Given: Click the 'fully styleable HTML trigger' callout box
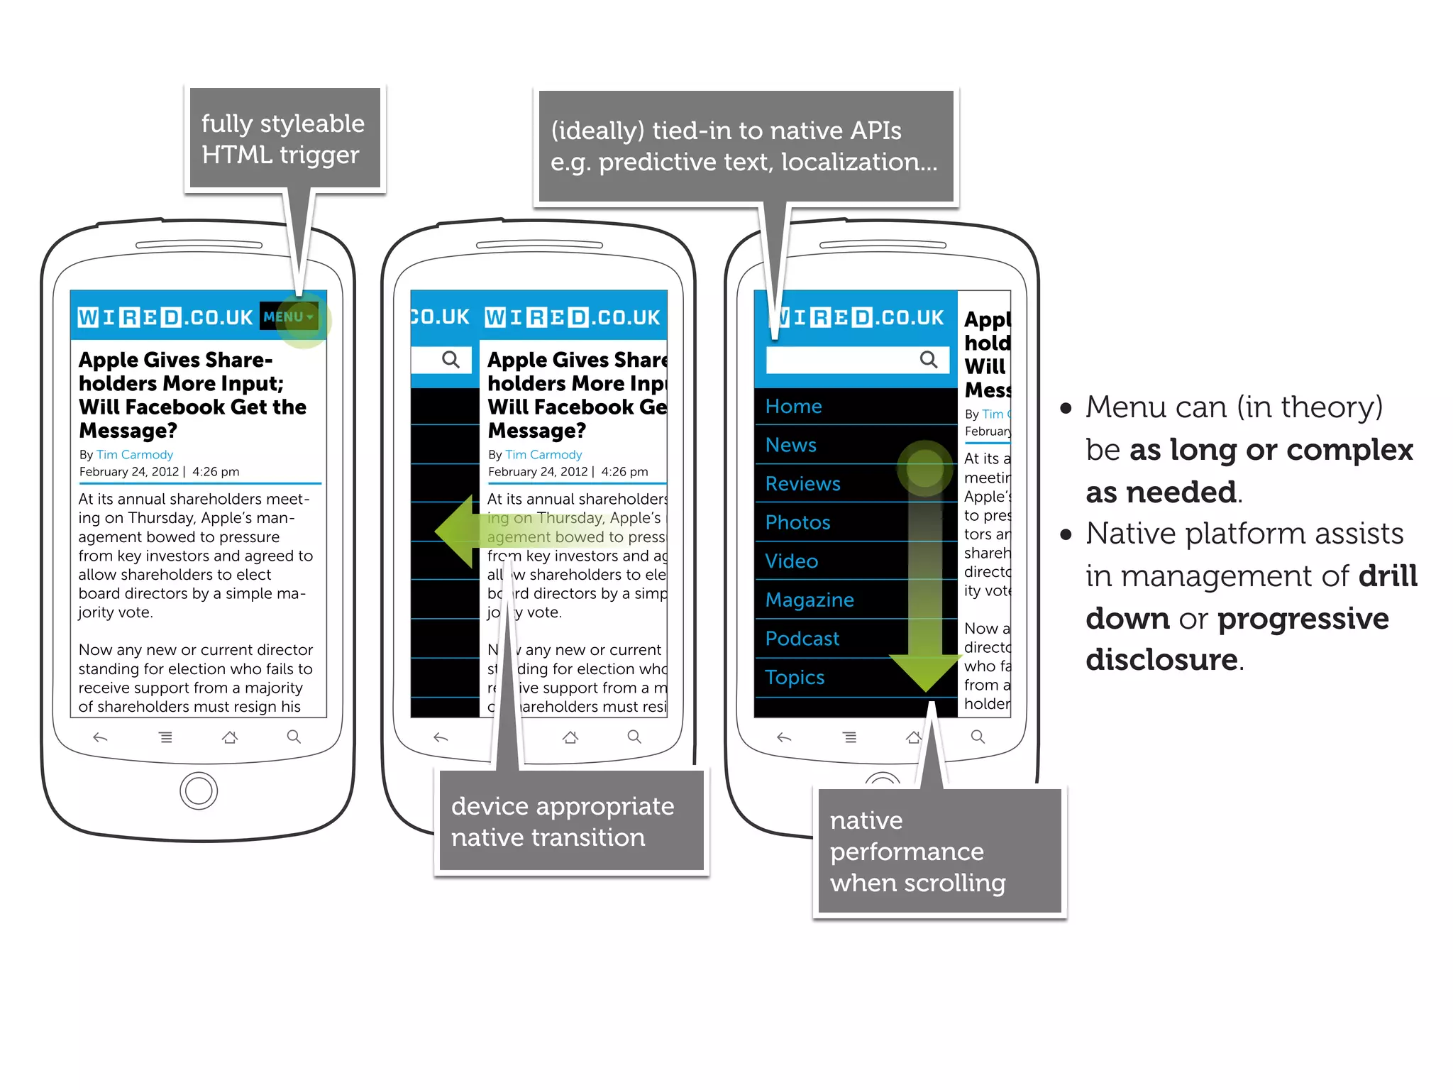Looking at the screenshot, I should click(284, 138).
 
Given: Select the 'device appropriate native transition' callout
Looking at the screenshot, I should click(571, 821).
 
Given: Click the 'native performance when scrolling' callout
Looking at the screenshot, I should click(939, 851).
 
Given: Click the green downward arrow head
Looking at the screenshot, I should click(924, 671).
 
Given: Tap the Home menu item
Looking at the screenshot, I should click(793, 407).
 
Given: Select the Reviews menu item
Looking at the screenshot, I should click(802, 484).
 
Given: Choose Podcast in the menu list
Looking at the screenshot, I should click(802, 639).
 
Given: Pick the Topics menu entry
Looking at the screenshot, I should click(795, 678).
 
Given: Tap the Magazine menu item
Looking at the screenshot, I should click(810, 600).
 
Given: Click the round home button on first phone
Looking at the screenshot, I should click(199, 791).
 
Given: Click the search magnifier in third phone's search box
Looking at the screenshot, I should click(928, 360).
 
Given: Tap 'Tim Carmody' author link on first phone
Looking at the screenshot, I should click(135, 455).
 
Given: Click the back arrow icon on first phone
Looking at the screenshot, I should click(100, 738).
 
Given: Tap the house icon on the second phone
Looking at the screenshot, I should click(570, 738).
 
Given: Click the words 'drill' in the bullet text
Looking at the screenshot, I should click(1387, 576).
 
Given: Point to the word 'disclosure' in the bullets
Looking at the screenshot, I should click(1161, 660).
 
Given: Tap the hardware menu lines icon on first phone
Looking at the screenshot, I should click(165, 738).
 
